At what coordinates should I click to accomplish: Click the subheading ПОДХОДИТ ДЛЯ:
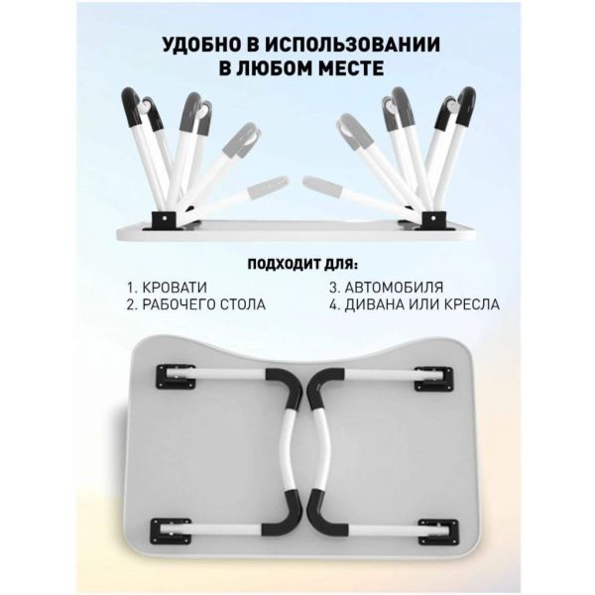pyautogui.click(x=302, y=264)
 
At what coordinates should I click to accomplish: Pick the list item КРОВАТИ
pyautogui.click(x=175, y=288)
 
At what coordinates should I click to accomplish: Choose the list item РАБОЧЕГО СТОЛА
pyautogui.click(x=203, y=304)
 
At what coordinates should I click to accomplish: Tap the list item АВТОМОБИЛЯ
pyautogui.click(x=394, y=288)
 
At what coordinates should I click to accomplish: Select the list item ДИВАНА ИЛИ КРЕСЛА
pyautogui.click(x=421, y=304)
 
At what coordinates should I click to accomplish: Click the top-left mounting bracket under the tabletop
pyautogui.click(x=176, y=377)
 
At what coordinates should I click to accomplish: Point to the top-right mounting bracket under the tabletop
pyautogui.click(x=433, y=379)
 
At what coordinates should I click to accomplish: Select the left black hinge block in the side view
pyautogui.click(x=165, y=220)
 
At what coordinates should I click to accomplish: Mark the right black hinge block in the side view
pyautogui.click(x=434, y=220)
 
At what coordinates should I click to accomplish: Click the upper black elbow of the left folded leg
pyautogui.click(x=285, y=388)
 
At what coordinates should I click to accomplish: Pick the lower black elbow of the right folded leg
pyautogui.click(x=326, y=513)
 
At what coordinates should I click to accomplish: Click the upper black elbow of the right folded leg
pyautogui.click(x=325, y=388)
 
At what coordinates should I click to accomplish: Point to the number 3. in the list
pyautogui.click(x=334, y=288)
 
